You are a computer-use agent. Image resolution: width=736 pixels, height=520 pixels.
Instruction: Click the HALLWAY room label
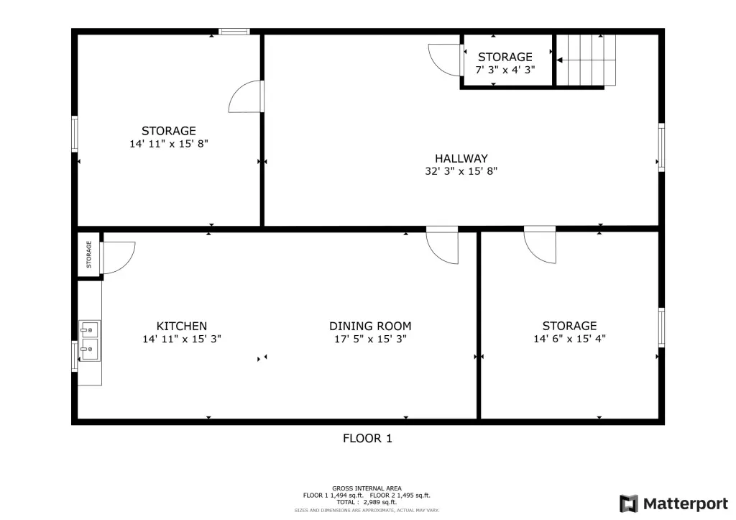click(x=461, y=158)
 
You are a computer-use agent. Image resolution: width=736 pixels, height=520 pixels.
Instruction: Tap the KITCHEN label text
click(x=182, y=326)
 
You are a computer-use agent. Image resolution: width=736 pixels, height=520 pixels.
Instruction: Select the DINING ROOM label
click(x=370, y=326)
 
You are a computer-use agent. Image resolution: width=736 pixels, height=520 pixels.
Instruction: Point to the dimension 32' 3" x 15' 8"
click(x=461, y=171)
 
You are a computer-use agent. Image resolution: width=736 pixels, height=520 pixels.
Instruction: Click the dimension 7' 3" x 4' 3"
click(x=505, y=70)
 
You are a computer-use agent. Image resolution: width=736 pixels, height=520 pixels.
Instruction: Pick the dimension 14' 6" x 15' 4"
click(x=570, y=339)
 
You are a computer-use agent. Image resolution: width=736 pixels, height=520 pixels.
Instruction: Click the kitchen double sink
click(x=89, y=341)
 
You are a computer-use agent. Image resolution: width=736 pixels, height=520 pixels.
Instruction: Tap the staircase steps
click(x=586, y=60)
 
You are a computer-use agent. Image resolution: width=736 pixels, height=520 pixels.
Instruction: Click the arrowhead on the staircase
click(x=559, y=60)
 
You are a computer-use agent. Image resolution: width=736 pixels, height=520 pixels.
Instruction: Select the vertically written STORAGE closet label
click(x=88, y=255)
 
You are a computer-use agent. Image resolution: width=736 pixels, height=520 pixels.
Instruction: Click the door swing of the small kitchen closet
click(x=118, y=257)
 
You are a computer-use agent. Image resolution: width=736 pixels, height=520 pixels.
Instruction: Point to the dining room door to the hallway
click(x=442, y=245)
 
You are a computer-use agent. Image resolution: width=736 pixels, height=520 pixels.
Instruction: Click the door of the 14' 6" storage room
click(x=540, y=245)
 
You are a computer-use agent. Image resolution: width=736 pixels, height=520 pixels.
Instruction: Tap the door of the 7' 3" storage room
click(x=445, y=60)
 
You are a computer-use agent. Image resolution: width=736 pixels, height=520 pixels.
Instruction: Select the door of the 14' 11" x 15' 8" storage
click(x=246, y=97)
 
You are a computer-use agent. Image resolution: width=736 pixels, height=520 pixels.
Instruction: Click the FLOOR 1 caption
click(x=367, y=438)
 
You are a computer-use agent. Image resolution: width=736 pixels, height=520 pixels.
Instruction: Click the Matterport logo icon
click(x=629, y=503)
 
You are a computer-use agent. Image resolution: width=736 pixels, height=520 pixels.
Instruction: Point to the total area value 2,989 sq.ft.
click(x=380, y=502)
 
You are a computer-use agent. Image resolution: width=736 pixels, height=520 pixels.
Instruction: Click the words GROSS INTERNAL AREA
click(x=367, y=488)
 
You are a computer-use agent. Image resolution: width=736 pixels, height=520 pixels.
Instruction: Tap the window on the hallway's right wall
click(x=661, y=147)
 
